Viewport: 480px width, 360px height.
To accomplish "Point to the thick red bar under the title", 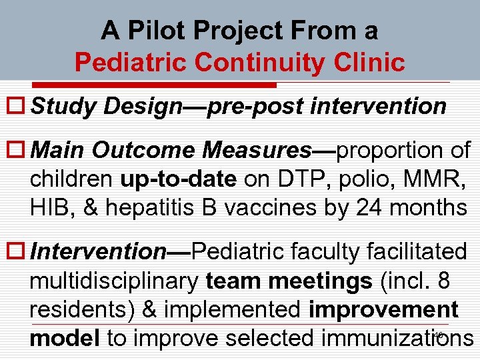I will coord(179,85).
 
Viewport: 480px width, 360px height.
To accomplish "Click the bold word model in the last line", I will coord(64,339).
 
